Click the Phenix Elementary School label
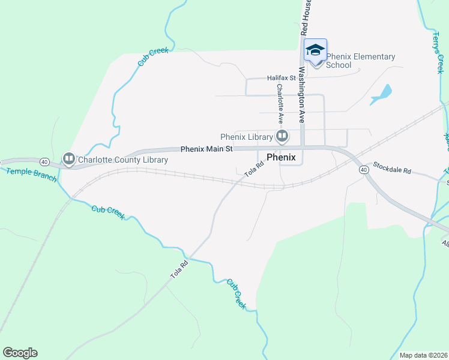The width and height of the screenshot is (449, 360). pyautogui.click(x=361, y=61)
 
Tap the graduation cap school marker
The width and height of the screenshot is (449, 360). pyautogui.click(x=315, y=50)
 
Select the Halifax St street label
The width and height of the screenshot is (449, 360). pyautogui.click(x=282, y=78)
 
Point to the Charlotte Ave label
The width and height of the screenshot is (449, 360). pyautogui.click(x=280, y=104)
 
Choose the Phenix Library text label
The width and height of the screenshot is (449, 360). pyautogui.click(x=247, y=137)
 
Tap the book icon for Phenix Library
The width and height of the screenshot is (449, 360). pyautogui.click(x=281, y=137)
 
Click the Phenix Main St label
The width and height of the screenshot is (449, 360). pyautogui.click(x=206, y=149)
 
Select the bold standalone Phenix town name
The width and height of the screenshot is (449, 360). pyautogui.click(x=281, y=157)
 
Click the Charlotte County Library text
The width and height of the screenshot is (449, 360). pyautogui.click(x=122, y=160)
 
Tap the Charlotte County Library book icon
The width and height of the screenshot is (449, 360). pyautogui.click(x=69, y=159)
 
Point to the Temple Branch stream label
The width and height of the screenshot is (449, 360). pyautogui.click(x=31, y=175)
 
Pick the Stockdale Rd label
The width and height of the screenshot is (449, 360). pyautogui.click(x=391, y=167)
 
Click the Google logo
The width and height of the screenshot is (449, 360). pyautogui.click(x=20, y=353)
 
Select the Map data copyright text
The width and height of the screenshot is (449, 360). pyautogui.click(x=423, y=355)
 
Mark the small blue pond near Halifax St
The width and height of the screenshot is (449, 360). pyautogui.click(x=382, y=94)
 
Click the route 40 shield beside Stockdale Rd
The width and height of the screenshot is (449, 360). pyautogui.click(x=364, y=170)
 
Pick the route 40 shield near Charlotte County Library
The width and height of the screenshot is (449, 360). pyautogui.click(x=44, y=162)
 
